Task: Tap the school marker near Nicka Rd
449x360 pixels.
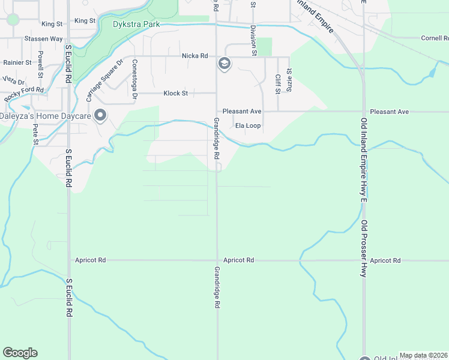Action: click(224, 64)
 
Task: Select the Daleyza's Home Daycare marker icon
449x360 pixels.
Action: click(100, 115)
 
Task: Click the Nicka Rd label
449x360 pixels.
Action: click(195, 56)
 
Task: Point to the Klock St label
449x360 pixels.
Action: click(176, 94)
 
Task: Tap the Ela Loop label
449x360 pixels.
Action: click(248, 126)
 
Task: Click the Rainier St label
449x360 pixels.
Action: click(17, 62)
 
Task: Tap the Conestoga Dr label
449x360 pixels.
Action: click(134, 79)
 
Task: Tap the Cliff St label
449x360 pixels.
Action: click(277, 84)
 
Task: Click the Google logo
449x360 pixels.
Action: click(20, 353)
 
